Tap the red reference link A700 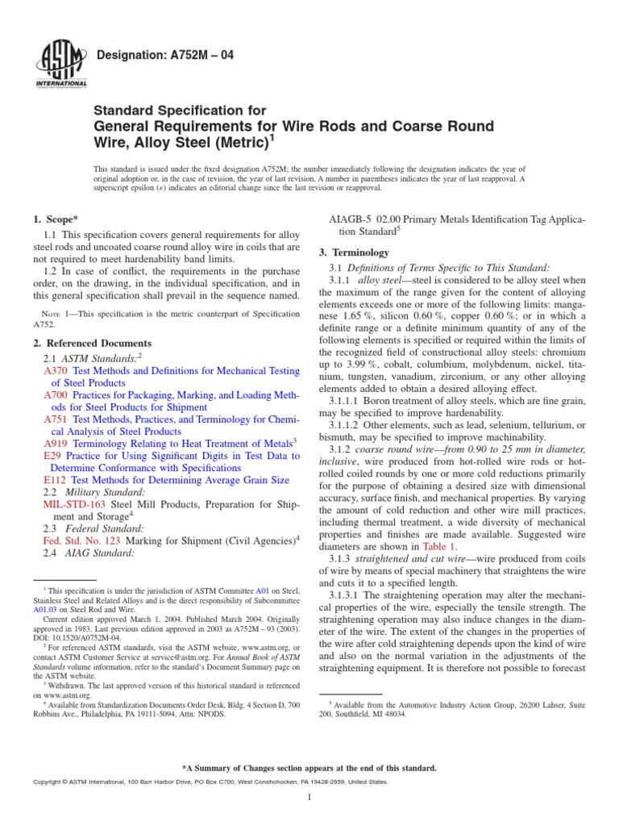coord(55,396)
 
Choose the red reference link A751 coord(55,419)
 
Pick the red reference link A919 coord(55,443)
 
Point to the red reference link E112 coord(55,479)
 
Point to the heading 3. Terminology coord(355,252)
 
